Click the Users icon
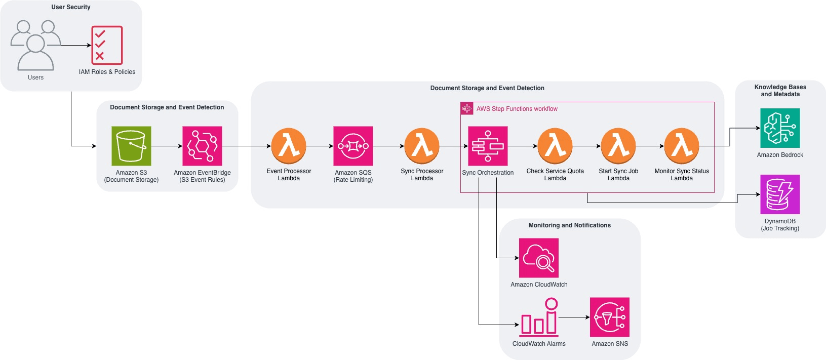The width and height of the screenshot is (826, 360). click(35, 46)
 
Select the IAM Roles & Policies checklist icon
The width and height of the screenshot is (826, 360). click(107, 45)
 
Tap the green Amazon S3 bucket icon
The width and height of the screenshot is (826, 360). click(131, 146)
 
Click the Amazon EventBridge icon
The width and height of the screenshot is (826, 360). click(202, 146)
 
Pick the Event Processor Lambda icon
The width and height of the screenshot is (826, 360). click(289, 146)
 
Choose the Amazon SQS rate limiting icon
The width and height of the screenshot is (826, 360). click(353, 146)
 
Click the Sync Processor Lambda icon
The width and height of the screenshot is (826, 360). click(422, 146)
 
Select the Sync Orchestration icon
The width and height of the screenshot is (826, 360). click(488, 146)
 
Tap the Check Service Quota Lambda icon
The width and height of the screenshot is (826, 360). click(555, 146)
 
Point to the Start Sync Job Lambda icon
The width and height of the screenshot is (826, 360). click(618, 146)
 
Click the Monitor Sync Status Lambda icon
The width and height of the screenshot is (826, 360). click(682, 146)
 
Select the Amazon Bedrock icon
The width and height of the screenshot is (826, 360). click(780, 128)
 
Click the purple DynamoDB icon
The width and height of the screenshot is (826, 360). click(780, 194)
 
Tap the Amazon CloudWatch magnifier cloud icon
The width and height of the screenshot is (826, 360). click(539, 258)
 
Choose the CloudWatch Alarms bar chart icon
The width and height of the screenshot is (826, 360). click(539, 318)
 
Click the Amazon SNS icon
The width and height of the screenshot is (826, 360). click(610, 317)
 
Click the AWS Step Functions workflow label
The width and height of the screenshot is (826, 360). click(517, 109)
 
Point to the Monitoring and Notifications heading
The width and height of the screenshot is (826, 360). click(569, 225)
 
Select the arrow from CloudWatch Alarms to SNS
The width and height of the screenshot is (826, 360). click(574, 317)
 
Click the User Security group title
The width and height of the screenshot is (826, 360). click(71, 7)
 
